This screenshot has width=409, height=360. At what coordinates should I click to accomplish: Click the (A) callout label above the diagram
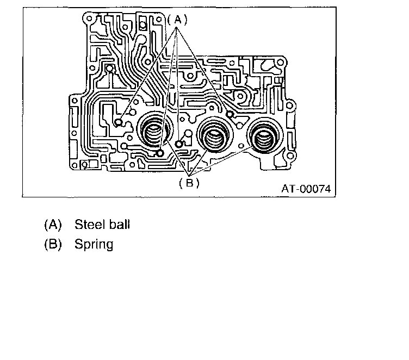tap(177, 20)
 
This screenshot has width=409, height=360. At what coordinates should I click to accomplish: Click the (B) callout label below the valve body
tap(189, 183)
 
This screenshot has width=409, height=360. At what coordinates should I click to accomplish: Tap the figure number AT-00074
tap(306, 189)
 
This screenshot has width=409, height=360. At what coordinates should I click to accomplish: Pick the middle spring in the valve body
tap(214, 133)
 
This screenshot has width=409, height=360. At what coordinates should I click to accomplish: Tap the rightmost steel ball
tap(230, 114)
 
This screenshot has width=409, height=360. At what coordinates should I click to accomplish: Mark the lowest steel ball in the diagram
tap(159, 153)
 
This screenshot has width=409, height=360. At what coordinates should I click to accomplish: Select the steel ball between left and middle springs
tap(179, 144)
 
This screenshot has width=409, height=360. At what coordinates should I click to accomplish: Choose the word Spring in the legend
tap(94, 244)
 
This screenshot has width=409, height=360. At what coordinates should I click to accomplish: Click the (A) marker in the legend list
tap(52, 224)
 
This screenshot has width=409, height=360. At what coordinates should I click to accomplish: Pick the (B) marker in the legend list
tap(52, 244)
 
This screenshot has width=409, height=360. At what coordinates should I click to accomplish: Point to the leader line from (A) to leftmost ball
tap(147, 73)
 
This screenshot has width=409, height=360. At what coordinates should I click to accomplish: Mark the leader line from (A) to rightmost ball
tap(204, 71)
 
